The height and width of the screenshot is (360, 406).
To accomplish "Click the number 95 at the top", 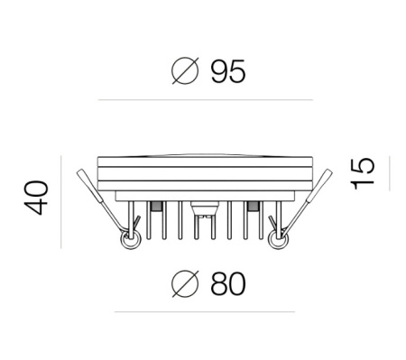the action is click(x=228, y=71).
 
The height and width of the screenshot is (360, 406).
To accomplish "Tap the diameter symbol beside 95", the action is click(x=185, y=71).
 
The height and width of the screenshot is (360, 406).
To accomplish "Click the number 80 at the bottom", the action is click(x=228, y=284).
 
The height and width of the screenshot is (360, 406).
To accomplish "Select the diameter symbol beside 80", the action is click(x=185, y=283).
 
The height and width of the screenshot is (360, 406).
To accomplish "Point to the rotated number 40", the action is click(x=36, y=198).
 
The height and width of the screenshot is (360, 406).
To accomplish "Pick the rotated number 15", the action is click(x=363, y=173).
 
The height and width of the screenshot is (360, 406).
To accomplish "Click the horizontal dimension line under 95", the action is click(x=206, y=99).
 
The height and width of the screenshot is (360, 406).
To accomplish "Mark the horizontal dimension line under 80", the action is click(x=205, y=312).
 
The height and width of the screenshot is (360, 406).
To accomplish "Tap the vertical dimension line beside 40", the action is click(x=61, y=202).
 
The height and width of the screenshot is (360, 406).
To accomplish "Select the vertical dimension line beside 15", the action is click(x=390, y=173).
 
